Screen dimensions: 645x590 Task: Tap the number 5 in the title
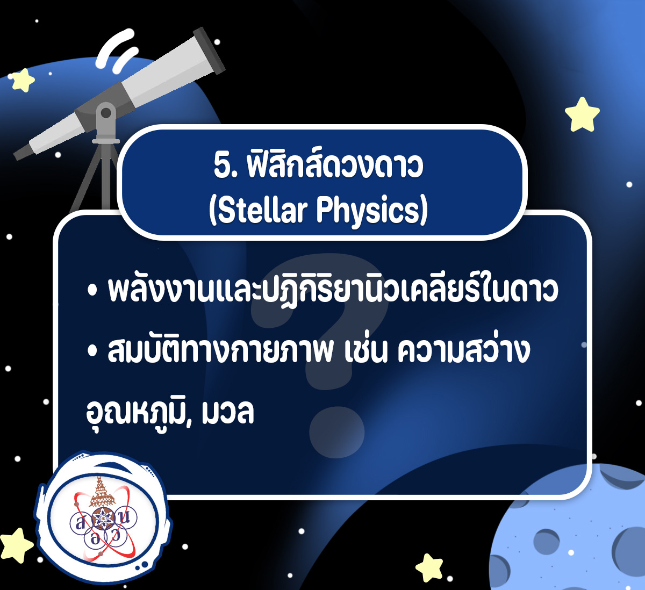click(221, 167)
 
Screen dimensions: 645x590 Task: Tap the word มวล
click(228, 413)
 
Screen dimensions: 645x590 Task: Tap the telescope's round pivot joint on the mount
click(106, 113)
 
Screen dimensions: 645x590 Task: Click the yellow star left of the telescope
click(23, 81)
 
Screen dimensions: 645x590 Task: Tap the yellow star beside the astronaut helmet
click(16, 545)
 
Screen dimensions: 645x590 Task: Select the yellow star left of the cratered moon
click(429, 568)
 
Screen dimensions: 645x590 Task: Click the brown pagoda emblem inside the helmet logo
click(102, 491)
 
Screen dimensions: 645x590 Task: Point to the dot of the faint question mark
click(336, 433)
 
